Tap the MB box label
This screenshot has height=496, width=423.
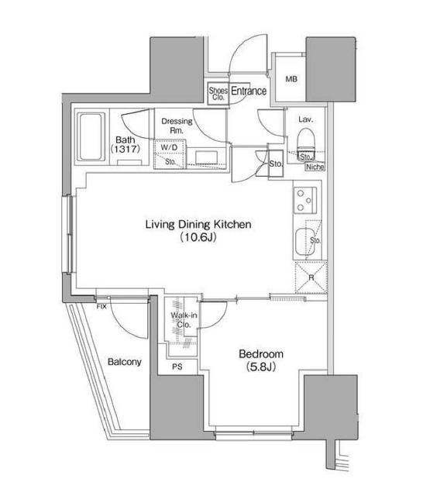click(x=291, y=79)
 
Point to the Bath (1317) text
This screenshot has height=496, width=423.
click(x=125, y=143)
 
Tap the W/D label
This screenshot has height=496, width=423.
click(x=169, y=146)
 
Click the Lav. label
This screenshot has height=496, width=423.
click(x=304, y=119)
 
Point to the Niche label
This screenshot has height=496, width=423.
click(x=315, y=166)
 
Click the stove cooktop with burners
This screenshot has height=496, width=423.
click(x=304, y=201)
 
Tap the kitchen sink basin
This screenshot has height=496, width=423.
click(x=304, y=243)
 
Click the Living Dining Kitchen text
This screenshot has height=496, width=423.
click(x=200, y=225)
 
